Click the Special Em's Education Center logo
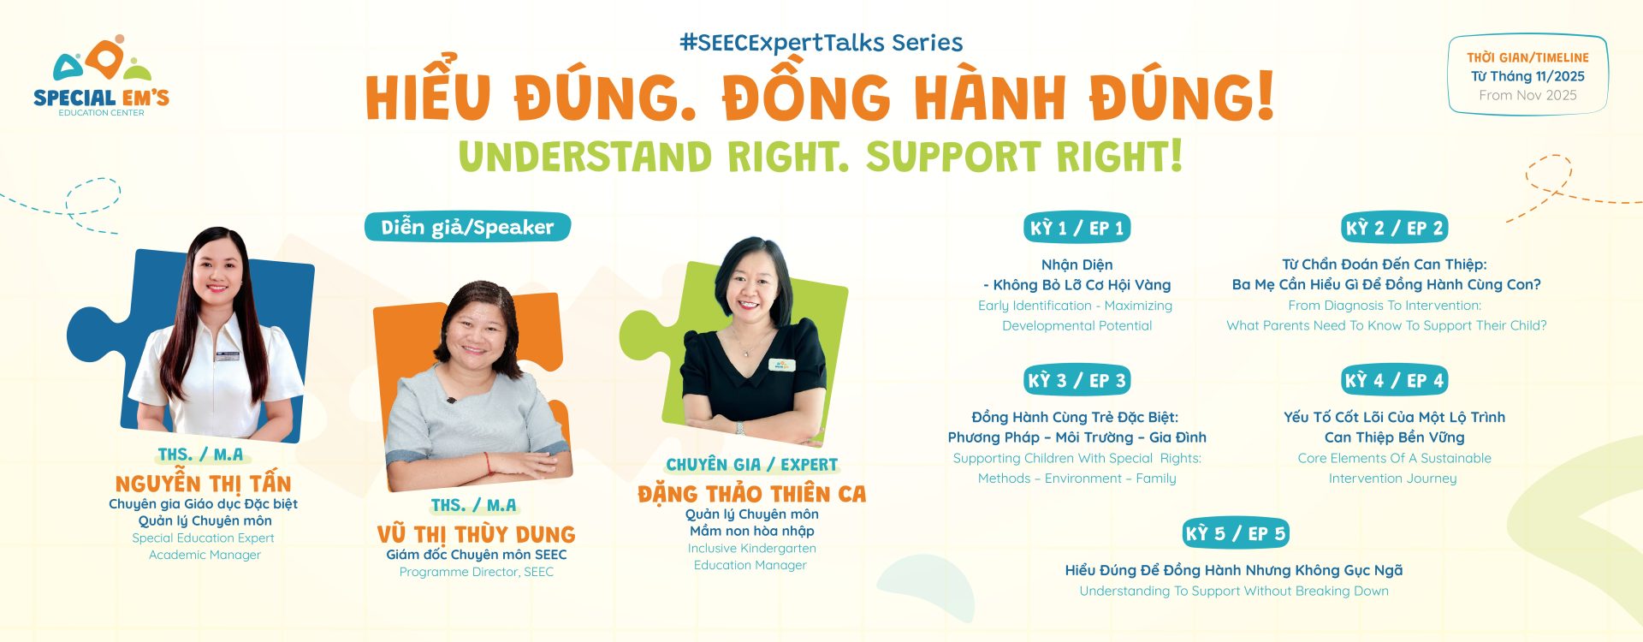101,75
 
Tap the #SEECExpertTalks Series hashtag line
821,43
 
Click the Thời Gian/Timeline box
1527,75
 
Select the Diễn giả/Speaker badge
467,227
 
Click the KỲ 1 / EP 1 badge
1077,228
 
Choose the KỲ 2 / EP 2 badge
1395,228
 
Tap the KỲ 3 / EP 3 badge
1077,380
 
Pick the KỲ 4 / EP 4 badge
1395,380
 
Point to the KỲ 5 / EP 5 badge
1236,533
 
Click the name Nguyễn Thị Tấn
204,484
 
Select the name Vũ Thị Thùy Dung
476,534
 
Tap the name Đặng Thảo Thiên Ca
751,494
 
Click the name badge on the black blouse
782,365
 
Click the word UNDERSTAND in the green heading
585,157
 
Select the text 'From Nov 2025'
1527,95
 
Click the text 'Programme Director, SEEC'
476,572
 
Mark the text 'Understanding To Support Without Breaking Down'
1234,591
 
